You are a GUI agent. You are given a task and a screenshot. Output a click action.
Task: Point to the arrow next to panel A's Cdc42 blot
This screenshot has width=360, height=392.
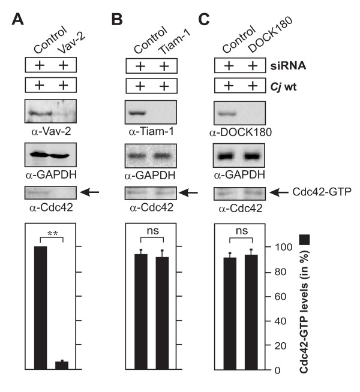coord(89,192)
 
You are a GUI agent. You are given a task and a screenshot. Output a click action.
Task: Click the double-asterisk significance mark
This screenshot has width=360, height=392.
coord(50,230)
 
